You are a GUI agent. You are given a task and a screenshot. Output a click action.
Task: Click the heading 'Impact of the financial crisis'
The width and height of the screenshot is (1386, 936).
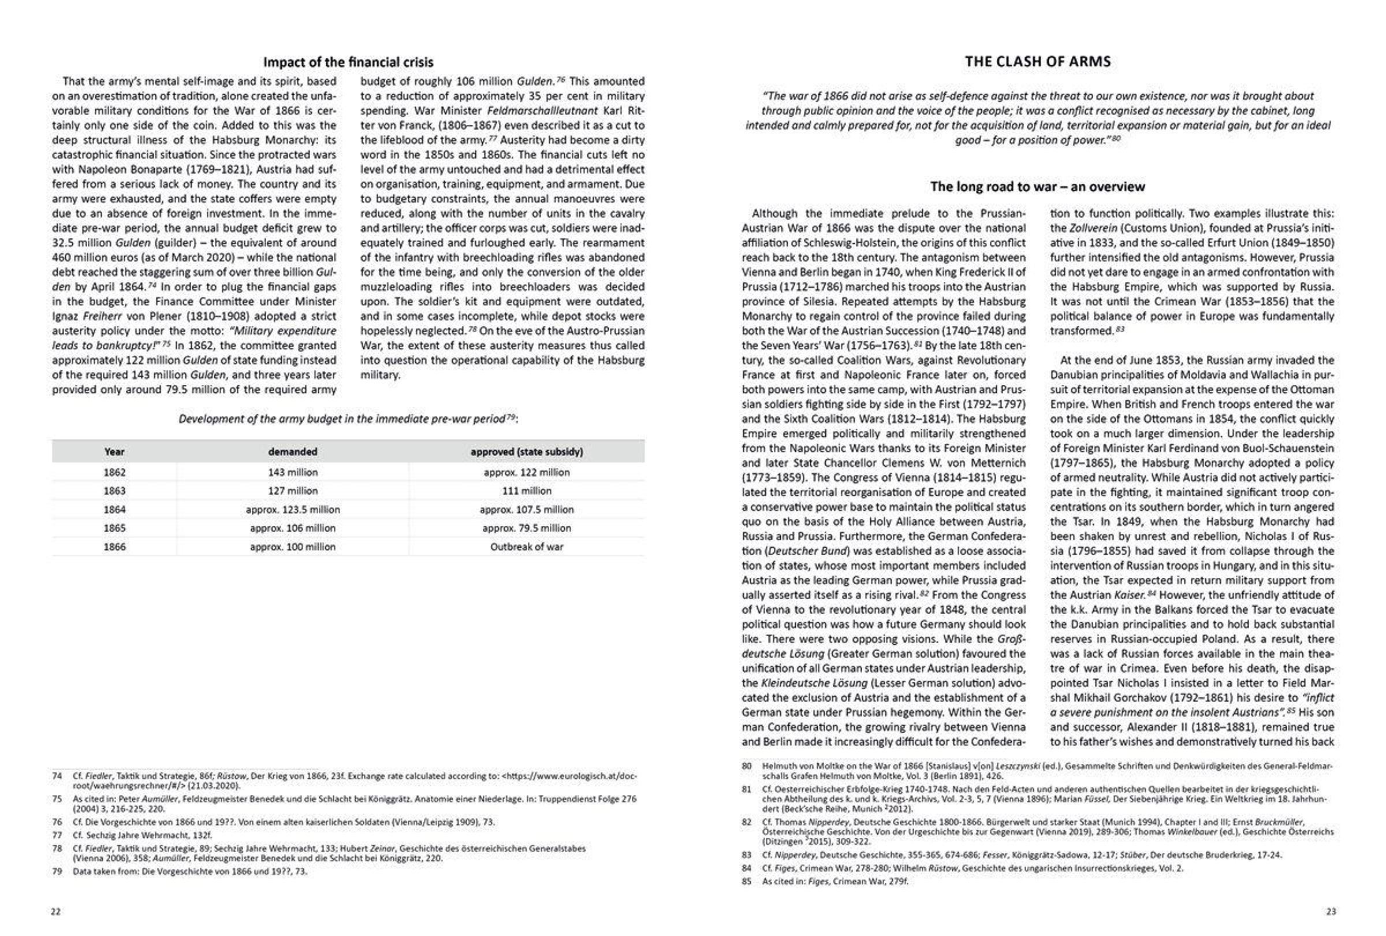tap(348, 62)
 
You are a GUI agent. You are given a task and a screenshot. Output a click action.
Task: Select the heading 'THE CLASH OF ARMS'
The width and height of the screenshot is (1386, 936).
tap(1037, 61)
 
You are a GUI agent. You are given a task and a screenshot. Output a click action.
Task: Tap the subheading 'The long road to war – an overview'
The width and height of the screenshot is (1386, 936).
tap(1037, 187)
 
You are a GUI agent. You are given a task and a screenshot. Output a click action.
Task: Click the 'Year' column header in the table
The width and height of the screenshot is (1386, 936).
tap(114, 452)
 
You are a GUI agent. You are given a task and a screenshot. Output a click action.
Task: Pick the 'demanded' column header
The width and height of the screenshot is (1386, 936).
tap(292, 452)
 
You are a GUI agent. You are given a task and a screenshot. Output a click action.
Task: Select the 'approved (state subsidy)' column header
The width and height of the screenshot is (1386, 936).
tap(526, 452)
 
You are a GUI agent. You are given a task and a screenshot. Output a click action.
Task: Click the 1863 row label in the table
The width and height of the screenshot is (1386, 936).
tap(114, 491)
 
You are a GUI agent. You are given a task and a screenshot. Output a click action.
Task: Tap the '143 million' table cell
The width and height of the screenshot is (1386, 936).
tap(292, 472)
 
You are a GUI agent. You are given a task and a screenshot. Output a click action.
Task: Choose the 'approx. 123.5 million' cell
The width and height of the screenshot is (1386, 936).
tap(292, 510)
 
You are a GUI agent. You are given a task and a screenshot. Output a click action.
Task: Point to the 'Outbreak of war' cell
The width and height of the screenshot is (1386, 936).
tap(526, 547)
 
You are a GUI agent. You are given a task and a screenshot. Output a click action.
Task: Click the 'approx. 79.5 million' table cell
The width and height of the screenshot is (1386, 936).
tap(526, 528)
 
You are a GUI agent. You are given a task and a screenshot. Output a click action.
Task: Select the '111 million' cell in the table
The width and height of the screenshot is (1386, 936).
tap(526, 491)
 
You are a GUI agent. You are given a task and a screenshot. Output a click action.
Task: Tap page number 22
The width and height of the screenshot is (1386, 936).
tap(55, 912)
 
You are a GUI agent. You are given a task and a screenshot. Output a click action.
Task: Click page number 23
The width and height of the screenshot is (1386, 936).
tap(1331, 912)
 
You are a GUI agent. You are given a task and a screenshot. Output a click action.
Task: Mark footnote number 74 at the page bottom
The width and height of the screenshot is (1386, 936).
tap(57, 776)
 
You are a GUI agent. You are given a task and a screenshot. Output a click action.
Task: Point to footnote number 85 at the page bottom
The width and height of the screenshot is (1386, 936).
tap(747, 881)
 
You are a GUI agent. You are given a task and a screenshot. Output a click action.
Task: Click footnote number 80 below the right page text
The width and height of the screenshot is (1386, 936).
tap(747, 766)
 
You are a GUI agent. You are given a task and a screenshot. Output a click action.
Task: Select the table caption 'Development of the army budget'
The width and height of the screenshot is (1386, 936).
tap(348, 419)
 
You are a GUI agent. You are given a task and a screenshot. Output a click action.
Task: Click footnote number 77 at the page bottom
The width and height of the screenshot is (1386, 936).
tap(57, 835)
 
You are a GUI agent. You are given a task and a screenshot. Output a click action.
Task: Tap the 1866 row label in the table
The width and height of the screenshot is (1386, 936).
tap(114, 547)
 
